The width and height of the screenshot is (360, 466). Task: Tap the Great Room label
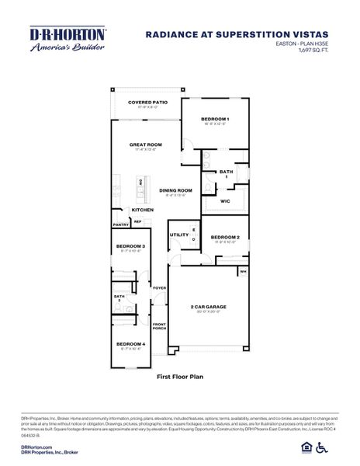(x=145, y=144)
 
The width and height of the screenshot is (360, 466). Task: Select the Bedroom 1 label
(x=216, y=118)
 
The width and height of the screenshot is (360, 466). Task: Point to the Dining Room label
(x=175, y=190)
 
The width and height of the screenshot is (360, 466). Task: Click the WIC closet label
(x=225, y=201)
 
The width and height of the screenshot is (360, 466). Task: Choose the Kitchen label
(x=142, y=210)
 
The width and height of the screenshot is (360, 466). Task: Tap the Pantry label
(x=120, y=224)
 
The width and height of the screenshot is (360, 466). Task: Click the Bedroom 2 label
(x=225, y=237)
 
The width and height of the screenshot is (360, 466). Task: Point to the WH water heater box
(x=243, y=272)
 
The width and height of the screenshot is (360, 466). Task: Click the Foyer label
(x=159, y=288)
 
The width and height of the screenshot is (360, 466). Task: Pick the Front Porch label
(x=159, y=326)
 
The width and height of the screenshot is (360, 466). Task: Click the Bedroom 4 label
(x=130, y=343)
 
